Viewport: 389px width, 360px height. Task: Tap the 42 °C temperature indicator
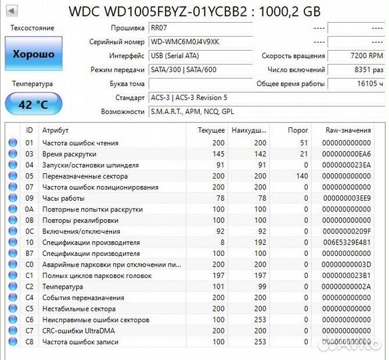tap(33, 104)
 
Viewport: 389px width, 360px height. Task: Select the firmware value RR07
tap(159, 29)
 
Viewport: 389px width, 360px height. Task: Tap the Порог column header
tap(298, 131)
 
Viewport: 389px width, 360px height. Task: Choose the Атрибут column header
tap(55, 131)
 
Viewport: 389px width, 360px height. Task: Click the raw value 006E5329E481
tap(347, 243)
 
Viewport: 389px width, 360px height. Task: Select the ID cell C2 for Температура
tap(29, 287)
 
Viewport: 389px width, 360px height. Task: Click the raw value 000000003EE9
tap(348, 198)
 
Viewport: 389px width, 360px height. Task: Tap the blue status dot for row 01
tap(13, 143)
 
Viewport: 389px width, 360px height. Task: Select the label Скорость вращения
tap(293, 56)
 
